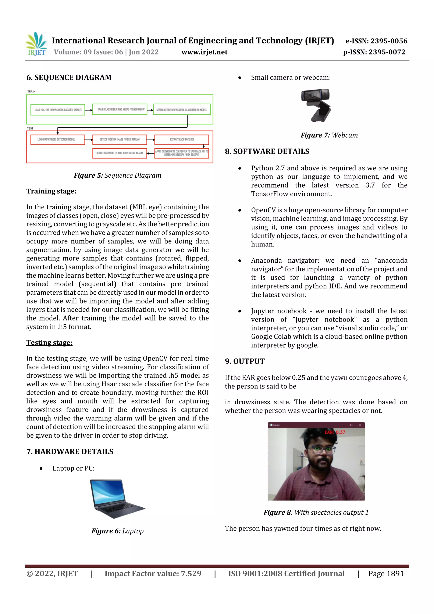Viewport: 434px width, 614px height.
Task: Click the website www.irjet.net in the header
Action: (204, 52)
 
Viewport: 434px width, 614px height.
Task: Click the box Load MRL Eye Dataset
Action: (58, 110)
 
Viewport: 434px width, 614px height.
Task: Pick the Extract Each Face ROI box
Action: (182, 140)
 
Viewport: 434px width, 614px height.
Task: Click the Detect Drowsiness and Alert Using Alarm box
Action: (120, 153)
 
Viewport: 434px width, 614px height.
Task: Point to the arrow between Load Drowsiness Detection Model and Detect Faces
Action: (89, 140)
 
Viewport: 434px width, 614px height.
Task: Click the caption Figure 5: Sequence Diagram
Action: (117, 175)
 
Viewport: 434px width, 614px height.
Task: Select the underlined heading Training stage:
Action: (51, 191)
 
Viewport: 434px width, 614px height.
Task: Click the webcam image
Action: (316, 105)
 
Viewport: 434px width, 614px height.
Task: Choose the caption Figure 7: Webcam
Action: (329, 135)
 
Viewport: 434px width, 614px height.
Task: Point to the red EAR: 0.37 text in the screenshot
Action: (335, 432)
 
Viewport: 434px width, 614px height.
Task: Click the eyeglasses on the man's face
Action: (320, 450)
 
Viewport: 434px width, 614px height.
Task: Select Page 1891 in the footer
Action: (386, 574)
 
